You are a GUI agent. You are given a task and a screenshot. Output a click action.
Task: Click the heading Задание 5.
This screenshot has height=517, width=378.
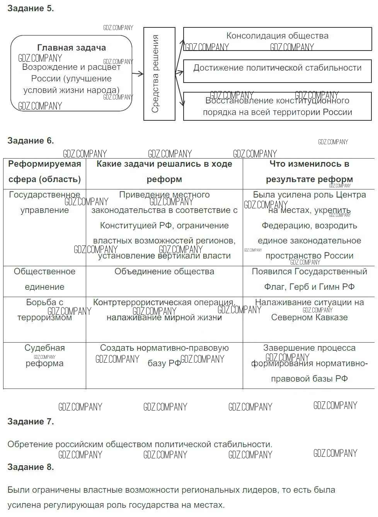(x=31, y=8)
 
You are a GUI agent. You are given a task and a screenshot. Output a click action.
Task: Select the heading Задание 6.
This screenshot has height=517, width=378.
(x=31, y=140)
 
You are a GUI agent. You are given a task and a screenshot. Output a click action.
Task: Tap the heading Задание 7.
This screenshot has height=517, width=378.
(x=31, y=421)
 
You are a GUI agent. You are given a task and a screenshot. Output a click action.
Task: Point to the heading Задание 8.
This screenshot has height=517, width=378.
(x=31, y=467)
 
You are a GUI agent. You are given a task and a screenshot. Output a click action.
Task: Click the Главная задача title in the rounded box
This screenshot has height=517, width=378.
(x=72, y=48)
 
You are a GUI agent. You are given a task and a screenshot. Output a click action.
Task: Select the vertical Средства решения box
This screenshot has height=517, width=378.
(x=159, y=74)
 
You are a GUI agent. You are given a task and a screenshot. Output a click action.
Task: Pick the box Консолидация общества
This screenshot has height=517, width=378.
(x=277, y=39)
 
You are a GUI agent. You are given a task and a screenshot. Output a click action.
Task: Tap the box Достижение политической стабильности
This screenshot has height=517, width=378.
(x=277, y=71)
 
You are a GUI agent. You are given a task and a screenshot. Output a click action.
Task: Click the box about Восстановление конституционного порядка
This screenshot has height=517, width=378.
(x=277, y=106)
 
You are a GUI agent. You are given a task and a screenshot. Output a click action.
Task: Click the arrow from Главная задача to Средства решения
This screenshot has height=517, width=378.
(x=138, y=74)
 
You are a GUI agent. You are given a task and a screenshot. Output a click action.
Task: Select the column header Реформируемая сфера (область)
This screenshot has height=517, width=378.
(x=44, y=171)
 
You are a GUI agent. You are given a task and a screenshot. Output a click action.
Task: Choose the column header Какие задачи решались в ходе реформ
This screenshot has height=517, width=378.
(x=164, y=171)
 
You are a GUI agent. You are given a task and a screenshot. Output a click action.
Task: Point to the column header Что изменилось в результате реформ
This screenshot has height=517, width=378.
(x=309, y=171)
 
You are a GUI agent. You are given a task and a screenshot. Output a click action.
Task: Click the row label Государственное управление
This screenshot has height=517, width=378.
(x=44, y=203)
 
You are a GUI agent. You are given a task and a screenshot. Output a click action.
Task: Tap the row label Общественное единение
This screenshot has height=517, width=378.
(x=44, y=279)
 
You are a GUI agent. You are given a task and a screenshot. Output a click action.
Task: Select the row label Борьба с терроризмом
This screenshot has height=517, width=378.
(x=44, y=310)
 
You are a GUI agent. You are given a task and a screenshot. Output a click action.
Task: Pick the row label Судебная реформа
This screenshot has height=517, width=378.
(x=44, y=355)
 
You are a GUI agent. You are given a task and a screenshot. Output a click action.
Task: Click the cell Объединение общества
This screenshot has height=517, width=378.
(x=164, y=272)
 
